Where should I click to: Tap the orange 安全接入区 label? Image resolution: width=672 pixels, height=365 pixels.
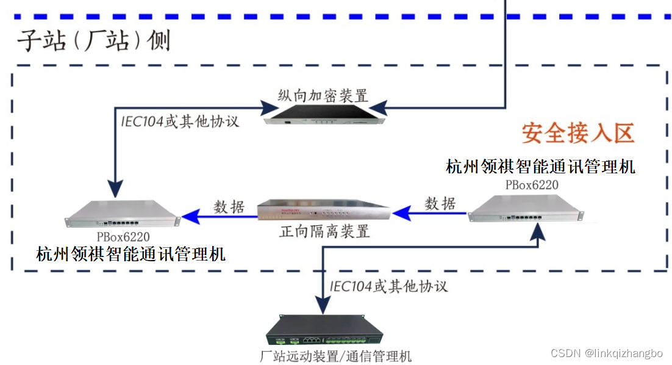(x=577, y=132)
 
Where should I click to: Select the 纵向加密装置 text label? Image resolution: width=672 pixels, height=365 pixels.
(x=323, y=96)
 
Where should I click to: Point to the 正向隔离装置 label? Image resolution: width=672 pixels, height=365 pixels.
(x=324, y=232)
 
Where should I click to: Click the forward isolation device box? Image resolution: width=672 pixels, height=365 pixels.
(x=324, y=211)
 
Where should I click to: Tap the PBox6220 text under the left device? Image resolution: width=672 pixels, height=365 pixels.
(x=123, y=236)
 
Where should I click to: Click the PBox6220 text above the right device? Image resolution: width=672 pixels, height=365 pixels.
(x=532, y=184)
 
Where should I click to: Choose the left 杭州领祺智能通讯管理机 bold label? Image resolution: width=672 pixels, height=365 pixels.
(x=130, y=253)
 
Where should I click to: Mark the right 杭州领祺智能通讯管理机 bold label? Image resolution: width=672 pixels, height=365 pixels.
(x=540, y=166)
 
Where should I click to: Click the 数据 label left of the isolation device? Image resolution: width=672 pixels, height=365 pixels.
(x=229, y=207)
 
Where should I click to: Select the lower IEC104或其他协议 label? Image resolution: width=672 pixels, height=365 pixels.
(x=389, y=286)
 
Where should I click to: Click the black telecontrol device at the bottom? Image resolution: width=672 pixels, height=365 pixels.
(x=324, y=333)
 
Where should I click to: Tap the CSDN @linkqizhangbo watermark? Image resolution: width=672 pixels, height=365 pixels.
(x=606, y=353)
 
